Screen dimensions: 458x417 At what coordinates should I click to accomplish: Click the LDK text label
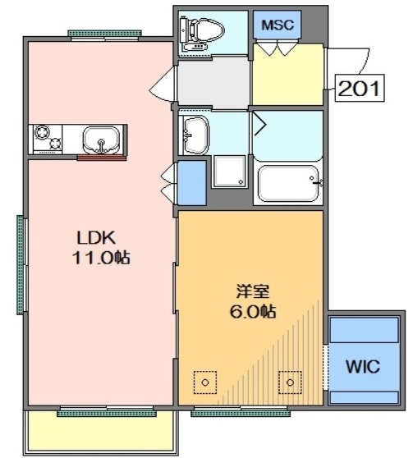(98, 239)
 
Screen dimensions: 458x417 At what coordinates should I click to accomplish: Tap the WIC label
(362, 366)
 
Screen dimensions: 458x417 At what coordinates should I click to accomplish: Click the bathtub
(286, 184)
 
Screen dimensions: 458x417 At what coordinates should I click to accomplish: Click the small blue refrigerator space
(192, 182)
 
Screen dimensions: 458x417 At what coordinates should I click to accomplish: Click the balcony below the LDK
(101, 433)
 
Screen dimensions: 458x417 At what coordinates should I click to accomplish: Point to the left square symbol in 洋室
(204, 381)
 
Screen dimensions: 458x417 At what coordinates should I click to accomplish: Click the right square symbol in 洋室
(289, 381)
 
